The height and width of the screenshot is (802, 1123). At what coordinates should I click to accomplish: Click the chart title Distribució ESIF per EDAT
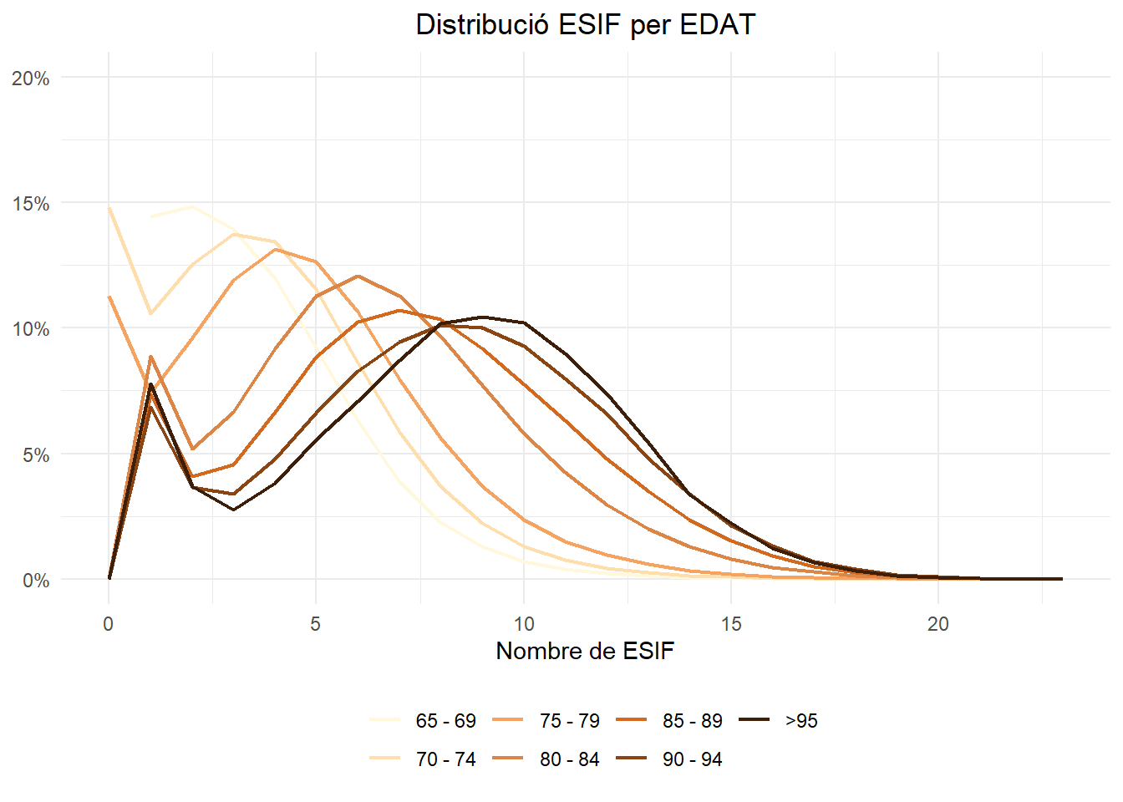(585, 25)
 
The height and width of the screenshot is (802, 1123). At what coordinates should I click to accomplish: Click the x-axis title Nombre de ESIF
(585, 651)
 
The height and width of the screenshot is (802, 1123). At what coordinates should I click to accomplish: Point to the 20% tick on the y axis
(31, 79)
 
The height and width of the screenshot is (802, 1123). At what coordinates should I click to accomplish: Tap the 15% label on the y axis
(31, 204)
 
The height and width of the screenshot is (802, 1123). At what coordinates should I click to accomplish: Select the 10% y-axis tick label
(31, 329)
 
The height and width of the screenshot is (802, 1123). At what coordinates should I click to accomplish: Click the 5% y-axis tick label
(35, 455)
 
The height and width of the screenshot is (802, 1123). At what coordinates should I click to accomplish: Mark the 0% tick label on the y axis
(35, 581)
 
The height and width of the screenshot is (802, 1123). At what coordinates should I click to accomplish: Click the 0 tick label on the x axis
(108, 624)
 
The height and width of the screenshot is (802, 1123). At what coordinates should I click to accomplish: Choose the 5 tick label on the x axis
(315, 624)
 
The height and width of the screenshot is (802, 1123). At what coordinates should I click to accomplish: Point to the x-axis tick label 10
(523, 624)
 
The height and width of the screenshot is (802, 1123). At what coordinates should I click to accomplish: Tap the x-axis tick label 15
(731, 624)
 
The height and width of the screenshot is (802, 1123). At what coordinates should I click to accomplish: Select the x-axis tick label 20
(938, 624)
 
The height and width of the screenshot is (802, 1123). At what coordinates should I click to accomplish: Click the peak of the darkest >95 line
(483, 317)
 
